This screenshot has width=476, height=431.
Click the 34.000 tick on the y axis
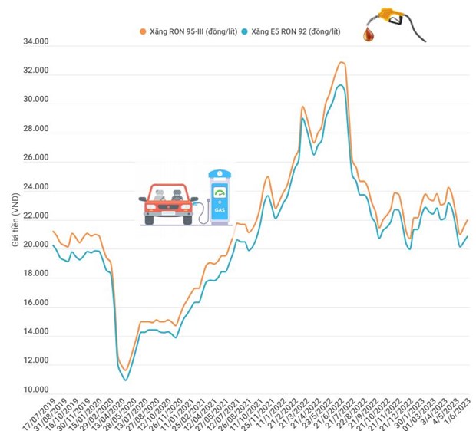[x=35, y=43]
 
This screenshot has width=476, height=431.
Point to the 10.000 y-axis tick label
[x=35, y=392]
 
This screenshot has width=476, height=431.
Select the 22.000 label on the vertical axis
[x=35, y=217]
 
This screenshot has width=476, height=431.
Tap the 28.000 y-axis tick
[x=35, y=130]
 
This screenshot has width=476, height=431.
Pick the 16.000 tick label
[x=35, y=304]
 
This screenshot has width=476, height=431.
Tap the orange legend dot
[x=142, y=31]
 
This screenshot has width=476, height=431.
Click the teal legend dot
[x=244, y=31]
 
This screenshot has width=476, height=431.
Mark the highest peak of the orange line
[x=342, y=62]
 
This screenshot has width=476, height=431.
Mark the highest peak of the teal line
[x=340, y=84]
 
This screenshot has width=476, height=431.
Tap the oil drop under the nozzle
[x=372, y=35]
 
